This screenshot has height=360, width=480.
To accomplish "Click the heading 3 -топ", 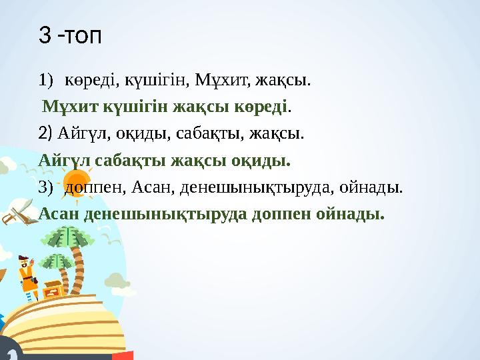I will click(x=71, y=35).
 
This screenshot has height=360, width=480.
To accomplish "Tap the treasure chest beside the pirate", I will click(x=52, y=289).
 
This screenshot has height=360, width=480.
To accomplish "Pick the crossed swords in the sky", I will click(x=16, y=213).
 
